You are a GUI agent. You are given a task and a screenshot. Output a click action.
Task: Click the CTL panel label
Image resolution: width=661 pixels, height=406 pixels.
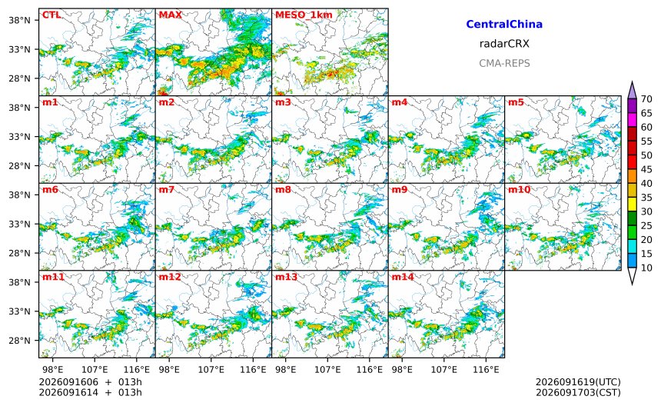51,15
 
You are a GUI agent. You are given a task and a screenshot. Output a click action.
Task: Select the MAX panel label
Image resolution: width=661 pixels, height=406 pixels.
171,15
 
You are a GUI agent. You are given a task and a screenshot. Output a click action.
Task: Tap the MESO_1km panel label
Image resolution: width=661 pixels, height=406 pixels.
304,15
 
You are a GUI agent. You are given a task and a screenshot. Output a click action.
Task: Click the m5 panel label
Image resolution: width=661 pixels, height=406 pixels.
516,102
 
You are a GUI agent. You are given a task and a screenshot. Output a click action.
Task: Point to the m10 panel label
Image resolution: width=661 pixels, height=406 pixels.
519,189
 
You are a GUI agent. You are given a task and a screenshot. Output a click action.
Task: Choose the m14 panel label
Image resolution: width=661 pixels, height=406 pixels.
403,277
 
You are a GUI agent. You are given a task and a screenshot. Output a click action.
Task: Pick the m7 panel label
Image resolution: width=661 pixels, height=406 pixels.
167,189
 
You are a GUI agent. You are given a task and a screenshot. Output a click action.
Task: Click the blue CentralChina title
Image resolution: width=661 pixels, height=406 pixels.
504,24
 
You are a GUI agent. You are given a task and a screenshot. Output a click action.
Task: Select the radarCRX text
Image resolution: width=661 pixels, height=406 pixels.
504,43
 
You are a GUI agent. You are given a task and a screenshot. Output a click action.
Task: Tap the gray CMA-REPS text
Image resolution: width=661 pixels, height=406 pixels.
504,63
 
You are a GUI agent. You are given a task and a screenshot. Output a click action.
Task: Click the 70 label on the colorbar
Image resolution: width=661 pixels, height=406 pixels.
646,99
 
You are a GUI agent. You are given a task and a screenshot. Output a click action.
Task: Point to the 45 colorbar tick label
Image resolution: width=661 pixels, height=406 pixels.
646,169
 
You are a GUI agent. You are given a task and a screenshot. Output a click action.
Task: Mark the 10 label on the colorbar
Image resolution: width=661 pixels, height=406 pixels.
646,268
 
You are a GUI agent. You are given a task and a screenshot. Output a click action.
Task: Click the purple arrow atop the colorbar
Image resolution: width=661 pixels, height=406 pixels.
632,90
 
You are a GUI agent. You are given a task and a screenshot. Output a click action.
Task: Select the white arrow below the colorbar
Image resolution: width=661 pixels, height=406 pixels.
632,276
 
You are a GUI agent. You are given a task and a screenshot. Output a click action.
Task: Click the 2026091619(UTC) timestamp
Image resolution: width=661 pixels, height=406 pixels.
578,382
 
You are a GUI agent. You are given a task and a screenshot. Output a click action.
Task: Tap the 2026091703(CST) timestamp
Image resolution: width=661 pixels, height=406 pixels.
578,392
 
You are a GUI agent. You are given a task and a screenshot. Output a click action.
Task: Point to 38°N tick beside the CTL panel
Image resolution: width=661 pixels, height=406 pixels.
19,20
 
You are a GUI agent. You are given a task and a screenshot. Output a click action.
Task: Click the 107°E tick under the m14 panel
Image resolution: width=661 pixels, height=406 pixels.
444,370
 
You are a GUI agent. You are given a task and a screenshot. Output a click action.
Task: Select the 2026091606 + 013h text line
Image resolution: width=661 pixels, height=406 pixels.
90,382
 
